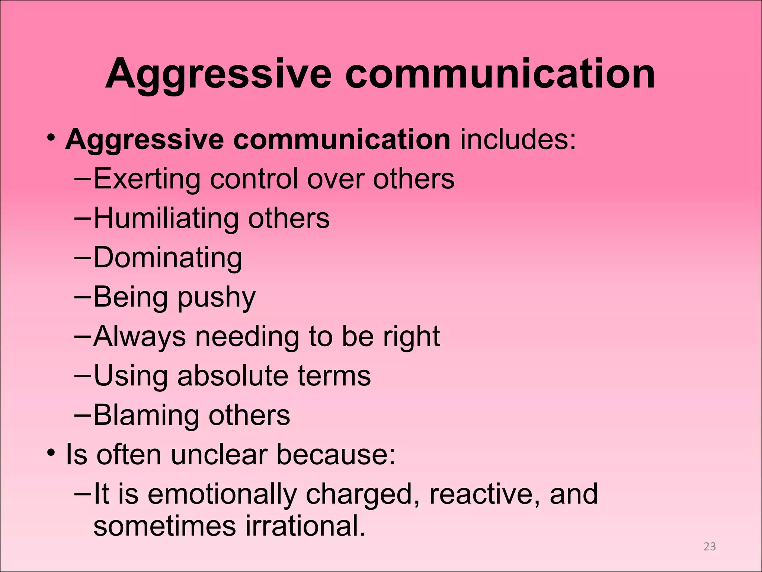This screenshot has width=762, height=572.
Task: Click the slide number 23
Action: (710, 546)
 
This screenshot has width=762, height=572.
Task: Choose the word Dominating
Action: (168, 258)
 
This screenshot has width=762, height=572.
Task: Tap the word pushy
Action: (216, 298)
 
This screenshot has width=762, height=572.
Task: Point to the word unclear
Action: (219, 455)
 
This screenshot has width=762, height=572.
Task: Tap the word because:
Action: (336, 455)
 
